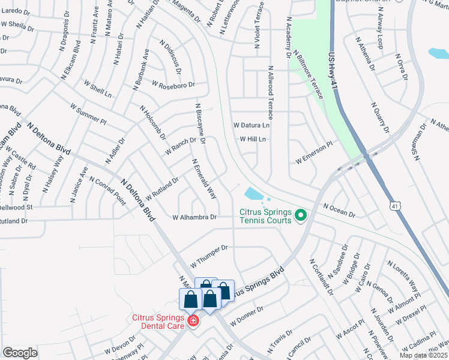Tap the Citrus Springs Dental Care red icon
pyautogui.click(x=193, y=322)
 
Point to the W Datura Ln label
pyautogui.click(x=252, y=125)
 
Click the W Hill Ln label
pyautogui.click(x=253, y=139)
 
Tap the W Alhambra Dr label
pyautogui.click(x=194, y=217)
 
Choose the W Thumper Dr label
pyautogui.click(x=209, y=256)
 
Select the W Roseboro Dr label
pyautogui.click(x=173, y=85)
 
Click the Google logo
pyautogui.click(x=20, y=353)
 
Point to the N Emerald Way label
pyautogui.click(x=204, y=179)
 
